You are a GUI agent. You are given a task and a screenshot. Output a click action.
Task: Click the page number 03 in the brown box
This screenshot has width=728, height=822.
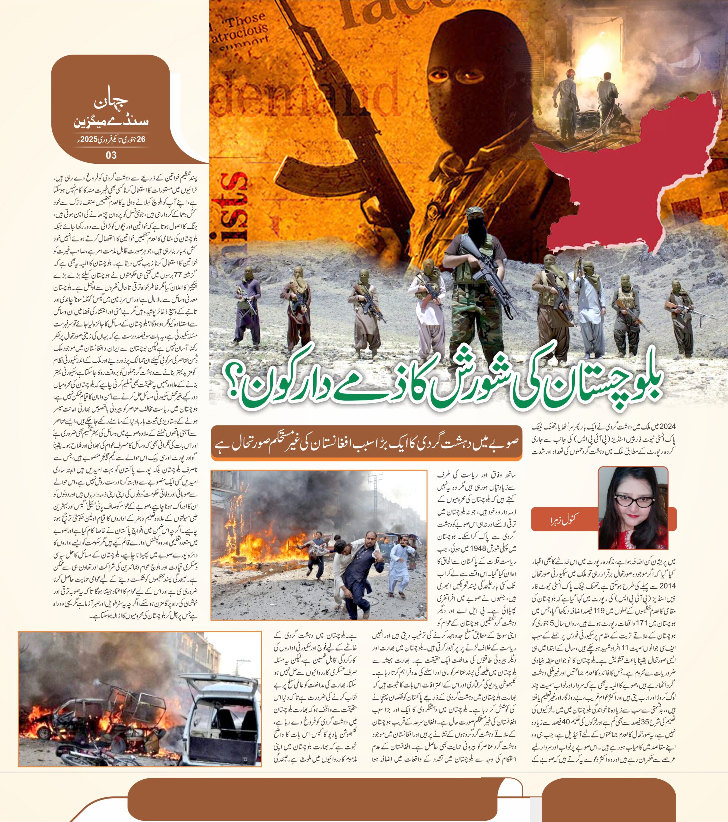point(111,155)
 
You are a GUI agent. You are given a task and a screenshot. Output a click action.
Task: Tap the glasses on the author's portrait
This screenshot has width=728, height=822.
point(631,501)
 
